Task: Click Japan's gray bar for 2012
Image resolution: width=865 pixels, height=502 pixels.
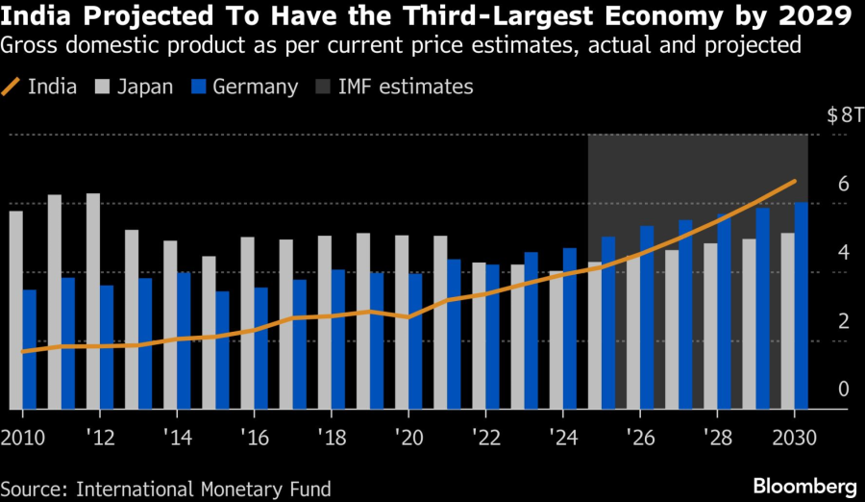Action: [x=93, y=301]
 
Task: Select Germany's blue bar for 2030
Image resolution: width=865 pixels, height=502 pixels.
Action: [x=801, y=306]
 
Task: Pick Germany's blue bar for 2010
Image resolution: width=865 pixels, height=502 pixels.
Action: [x=29, y=349]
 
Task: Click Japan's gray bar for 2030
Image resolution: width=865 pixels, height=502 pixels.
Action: [x=787, y=321]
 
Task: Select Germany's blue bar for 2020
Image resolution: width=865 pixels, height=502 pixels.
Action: [x=415, y=341]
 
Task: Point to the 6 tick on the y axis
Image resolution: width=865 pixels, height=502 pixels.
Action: [x=843, y=184]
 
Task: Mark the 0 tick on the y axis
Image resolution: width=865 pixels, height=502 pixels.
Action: [x=843, y=389]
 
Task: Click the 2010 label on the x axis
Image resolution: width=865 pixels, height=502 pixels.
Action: [x=23, y=437]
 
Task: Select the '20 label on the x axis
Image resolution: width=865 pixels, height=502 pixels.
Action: [x=408, y=437]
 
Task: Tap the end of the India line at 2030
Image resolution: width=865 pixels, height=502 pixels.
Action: [x=795, y=181]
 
